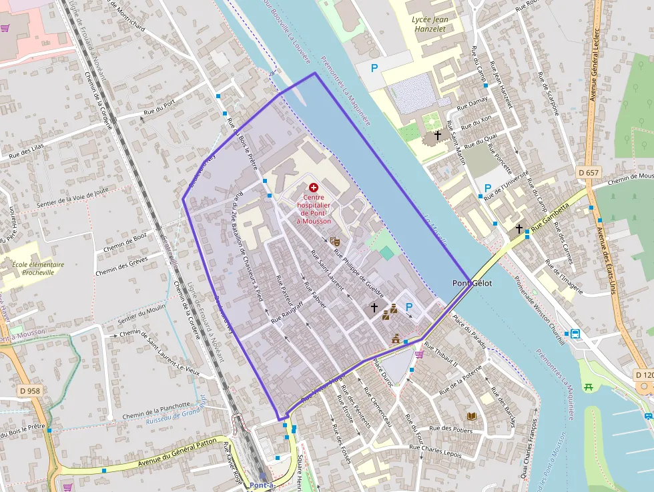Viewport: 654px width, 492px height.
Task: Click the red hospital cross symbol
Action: point(314,188)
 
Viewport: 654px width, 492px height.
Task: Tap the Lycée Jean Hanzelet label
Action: point(430,25)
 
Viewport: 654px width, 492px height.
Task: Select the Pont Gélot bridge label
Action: point(472,283)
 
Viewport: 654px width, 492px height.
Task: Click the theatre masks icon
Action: point(335,240)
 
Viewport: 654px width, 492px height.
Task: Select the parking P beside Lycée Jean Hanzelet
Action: point(374,68)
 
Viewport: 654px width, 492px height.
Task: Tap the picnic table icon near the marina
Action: point(589,387)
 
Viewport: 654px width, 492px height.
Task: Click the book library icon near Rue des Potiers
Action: point(472,416)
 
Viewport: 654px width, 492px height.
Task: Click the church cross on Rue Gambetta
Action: point(519,229)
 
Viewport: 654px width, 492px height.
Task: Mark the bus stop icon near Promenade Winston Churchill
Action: point(575,334)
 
